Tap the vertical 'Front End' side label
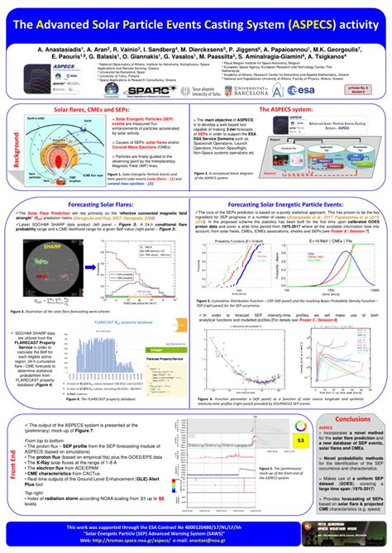[12, 465]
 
